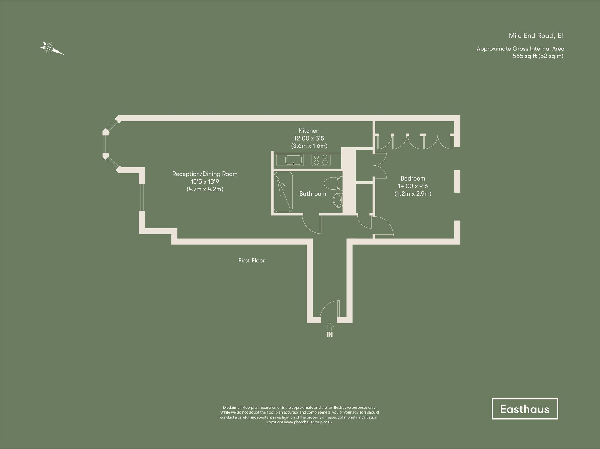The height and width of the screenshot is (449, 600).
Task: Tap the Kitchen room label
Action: (x=309, y=131)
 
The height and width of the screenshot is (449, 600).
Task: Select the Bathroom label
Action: (x=313, y=194)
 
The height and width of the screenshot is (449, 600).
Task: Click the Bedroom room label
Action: (x=413, y=178)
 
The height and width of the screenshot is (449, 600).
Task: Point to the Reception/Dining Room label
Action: (x=205, y=174)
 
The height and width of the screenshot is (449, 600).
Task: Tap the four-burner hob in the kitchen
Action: (x=321, y=160)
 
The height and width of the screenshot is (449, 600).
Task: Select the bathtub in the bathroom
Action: (x=283, y=192)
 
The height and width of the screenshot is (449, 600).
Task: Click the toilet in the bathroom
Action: (x=333, y=183)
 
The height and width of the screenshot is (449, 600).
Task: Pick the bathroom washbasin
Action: (x=338, y=200)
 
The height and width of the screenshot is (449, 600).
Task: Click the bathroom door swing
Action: (x=312, y=224)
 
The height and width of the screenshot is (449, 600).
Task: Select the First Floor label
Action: (x=251, y=261)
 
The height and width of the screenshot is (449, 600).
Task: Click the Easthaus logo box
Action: (x=525, y=409)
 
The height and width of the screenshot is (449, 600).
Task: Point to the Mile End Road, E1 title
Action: (x=536, y=36)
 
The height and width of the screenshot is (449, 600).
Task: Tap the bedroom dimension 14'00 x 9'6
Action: (x=413, y=186)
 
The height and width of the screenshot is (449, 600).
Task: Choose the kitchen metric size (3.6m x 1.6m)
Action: (x=309, y=146)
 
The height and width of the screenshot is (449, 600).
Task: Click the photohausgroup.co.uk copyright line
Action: (x=299, y=422)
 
